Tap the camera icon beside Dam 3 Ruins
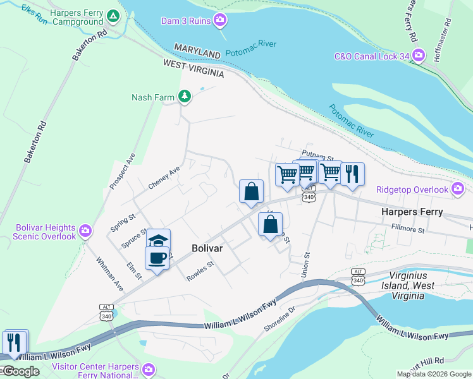click(220, 20)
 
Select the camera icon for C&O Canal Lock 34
click(418, 57)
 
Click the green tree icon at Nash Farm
click(184, 97)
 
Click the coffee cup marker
click(157, 257)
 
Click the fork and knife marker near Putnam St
click(352, 173)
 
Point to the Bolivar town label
click(207, 249)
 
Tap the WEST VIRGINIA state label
click(193, 68)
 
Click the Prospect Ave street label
click(123, 171)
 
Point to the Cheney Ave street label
click(164, 177)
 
